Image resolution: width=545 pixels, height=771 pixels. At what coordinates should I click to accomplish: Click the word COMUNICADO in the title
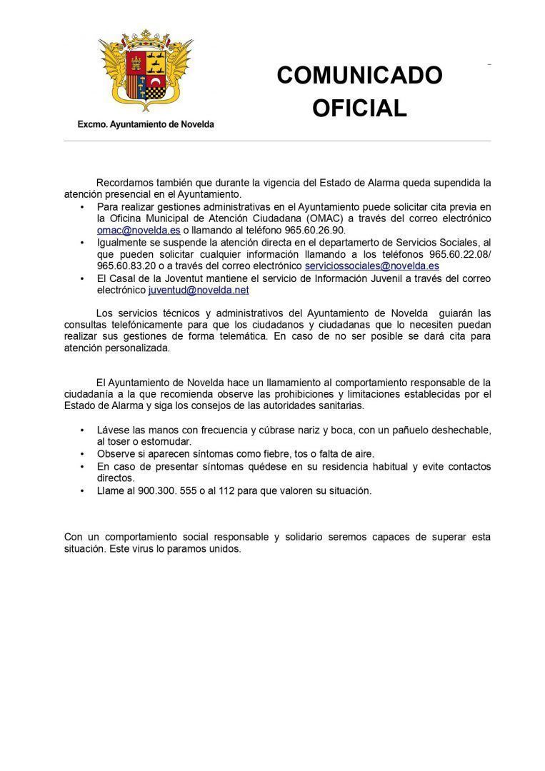pyautogui.click(x=359, y=76)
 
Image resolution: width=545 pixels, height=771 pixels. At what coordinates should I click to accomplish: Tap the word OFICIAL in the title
pyautogui.click(x=359, y=108)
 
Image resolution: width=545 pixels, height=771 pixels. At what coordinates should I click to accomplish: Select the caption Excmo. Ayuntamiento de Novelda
pyautogui.click(x=146, y=124)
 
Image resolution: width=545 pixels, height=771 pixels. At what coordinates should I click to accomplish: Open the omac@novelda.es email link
pyautogui.click(x=139, y=231)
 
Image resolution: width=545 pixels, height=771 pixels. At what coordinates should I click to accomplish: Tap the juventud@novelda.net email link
pyautogui.click(x=199, y=291)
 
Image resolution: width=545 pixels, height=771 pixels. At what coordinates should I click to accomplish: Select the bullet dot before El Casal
pyautogui.click(x=82, y=278)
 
